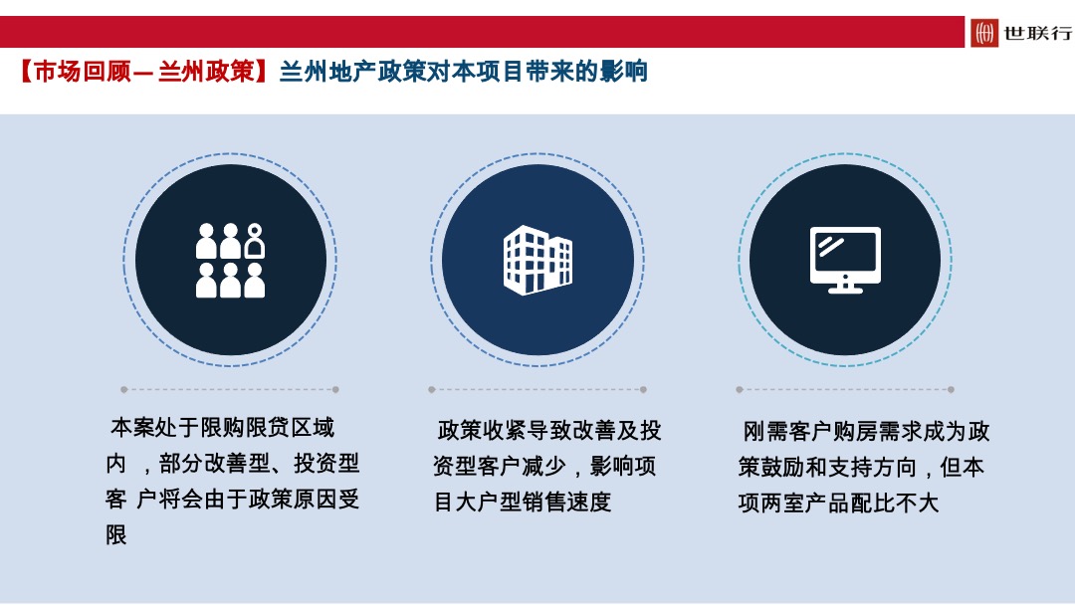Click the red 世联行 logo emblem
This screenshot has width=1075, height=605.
984,33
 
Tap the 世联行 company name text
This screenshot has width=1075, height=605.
1037,33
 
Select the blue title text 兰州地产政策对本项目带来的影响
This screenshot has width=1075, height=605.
463,72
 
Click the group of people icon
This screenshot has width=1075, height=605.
230,260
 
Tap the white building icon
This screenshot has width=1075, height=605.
537,260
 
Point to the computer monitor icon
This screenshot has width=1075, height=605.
845,260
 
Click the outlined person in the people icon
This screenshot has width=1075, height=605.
255,241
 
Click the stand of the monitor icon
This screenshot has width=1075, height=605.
845,287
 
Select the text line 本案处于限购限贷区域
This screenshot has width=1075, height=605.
222,428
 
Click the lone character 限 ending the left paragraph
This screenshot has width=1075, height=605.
116,535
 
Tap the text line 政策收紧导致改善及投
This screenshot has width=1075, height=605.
549,431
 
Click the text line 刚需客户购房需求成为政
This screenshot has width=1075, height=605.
866,432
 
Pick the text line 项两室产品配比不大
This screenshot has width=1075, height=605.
838,504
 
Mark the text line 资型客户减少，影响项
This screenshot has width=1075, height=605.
544,467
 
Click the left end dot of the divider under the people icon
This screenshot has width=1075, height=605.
124,389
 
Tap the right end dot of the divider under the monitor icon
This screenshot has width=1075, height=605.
951,389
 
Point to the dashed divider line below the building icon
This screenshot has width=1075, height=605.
537,389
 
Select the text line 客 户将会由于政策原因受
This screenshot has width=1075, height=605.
233,500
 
